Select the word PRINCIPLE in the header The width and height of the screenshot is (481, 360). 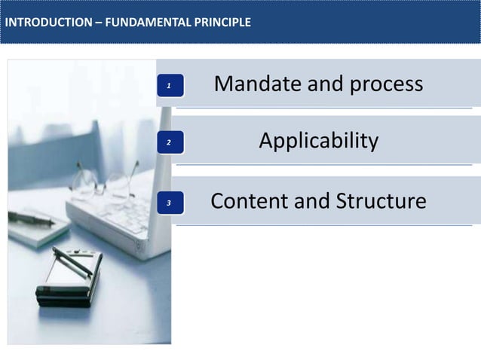(x=221, y=23)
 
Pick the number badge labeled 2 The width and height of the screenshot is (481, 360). (x=170, y=142)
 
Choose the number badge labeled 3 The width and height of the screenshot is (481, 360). (x=170, y=202)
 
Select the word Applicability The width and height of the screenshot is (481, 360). (x=318, y=141)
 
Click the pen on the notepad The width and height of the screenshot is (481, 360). (x=30, y=218)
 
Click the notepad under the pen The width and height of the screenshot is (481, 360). (x=34, y=230)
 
